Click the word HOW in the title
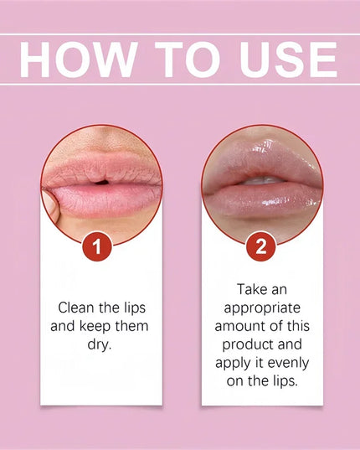(x=75, y=59)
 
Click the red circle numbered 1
(x=100, y=247)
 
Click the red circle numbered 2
(x=260, y=247)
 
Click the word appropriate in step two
(x=262, y=308)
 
